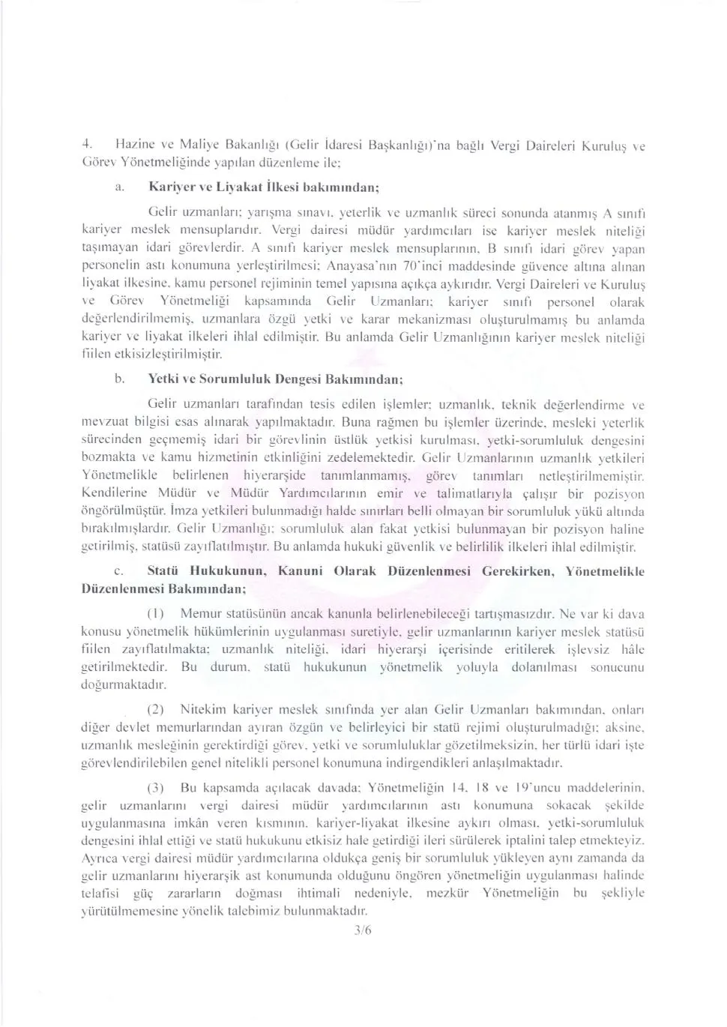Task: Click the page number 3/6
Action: pyautogui.click(x=363, y=930)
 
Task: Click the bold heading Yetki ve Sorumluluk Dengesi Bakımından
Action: pyautogui.click(x=276, y=379)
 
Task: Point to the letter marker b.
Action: pyautogui.click(x=119, y=379)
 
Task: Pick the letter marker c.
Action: pyautogui.click(x=119, y=571)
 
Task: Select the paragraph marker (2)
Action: pyautogui.click(x=155, y=708)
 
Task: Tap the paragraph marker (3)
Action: pyautogui.click(x=155, y=788)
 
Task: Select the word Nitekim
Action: pyautogui.click(x=203, y=708)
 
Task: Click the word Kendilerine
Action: pyautogui.click(x=115, y=494)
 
